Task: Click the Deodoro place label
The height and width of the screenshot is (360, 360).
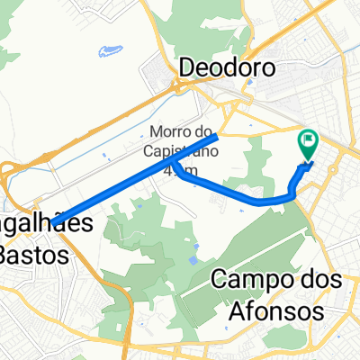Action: tap(225, 67)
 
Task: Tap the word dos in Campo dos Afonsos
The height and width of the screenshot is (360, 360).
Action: tap(316, 279)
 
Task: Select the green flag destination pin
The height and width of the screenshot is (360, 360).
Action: tap(309, 143)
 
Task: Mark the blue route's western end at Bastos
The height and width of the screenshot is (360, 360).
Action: tap(54, 221)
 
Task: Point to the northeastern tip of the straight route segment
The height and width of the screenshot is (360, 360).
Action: tap(219, 137)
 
